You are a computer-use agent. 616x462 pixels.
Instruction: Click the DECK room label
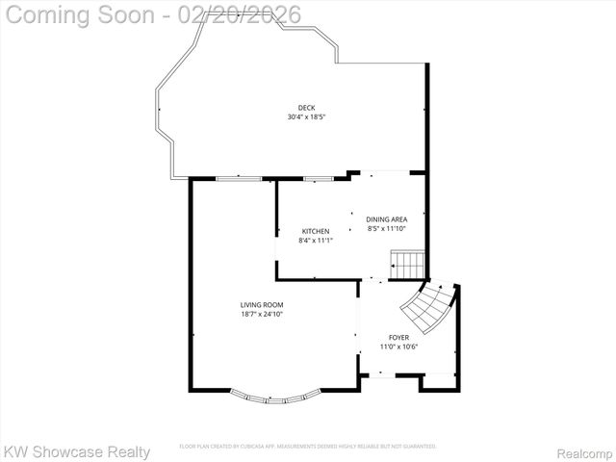click(306, 108)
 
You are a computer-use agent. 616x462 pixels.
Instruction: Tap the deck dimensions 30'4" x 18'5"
click(306, 117)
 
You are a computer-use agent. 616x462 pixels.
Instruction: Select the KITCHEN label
click(316, 231)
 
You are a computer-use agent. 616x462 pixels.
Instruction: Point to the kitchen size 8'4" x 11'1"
click(316, 241)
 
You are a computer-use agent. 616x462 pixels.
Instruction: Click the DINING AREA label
click(386, 219)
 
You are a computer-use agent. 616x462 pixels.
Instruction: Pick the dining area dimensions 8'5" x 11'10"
click(386, 229)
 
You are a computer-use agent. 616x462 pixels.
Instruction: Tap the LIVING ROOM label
click(262, 305)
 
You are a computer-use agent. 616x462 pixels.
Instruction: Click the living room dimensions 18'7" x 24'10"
click(262, 315)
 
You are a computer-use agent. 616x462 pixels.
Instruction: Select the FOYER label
click(398, 338)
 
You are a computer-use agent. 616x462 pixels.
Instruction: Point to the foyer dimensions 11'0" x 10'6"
click(398, 346)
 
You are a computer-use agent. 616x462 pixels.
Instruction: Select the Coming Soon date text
click(152, 15)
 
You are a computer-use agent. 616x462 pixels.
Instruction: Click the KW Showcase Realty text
click(77, 451)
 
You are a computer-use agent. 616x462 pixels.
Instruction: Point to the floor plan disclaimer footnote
click(308, 447)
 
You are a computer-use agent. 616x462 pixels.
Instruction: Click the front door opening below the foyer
click(390, 375)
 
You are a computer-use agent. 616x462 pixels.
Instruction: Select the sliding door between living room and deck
click(235, 178)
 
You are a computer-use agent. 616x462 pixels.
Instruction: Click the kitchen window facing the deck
click(317, 178)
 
